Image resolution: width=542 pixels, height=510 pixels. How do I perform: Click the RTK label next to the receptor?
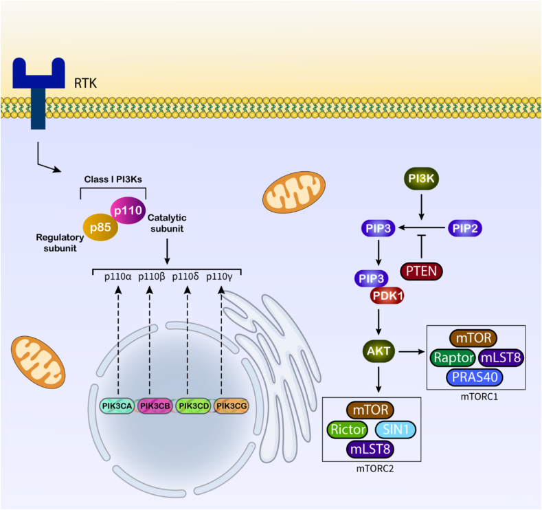click(x=85, y=83)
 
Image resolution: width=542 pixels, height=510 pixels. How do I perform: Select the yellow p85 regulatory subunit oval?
click(x=100, y=228)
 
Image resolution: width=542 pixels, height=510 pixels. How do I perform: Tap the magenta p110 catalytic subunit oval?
click(x=128, y=210)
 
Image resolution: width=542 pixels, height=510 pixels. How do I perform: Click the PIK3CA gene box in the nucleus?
click(x=117, y=406)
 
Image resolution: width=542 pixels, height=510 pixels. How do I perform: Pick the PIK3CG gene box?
click(x=232, y=406)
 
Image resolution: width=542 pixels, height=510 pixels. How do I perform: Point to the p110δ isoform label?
click(x=185, y=276)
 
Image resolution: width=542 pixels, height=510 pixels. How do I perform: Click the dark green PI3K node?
click(x=421, y=179)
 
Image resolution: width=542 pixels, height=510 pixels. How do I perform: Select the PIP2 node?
click(x=465, y=228)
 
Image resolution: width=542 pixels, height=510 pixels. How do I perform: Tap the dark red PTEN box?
click(x=421, y=271)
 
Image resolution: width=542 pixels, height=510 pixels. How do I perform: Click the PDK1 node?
click(x=387, y=296)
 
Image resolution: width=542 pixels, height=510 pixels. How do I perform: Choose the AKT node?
click(x=379, y=351)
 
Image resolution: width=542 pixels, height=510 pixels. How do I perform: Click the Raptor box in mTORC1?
click(x=453, y=357)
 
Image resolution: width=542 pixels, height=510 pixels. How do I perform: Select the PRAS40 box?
click(x=475, y=377)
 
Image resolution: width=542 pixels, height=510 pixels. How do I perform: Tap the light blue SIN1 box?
click(x=396, y=430)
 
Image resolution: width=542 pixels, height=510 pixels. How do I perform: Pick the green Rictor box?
click(x=348, y=430)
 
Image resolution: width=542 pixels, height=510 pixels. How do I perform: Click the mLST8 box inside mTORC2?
click(x=370, y=449)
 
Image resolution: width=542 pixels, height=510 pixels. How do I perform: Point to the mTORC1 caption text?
click(x=479, y=397)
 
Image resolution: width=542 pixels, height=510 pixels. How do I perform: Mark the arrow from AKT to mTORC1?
click(x=411, y=352)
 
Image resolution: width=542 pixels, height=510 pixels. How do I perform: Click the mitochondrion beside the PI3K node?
click(x=294, y=192)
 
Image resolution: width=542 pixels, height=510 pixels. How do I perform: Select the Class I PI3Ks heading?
click(x=113, y=179)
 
